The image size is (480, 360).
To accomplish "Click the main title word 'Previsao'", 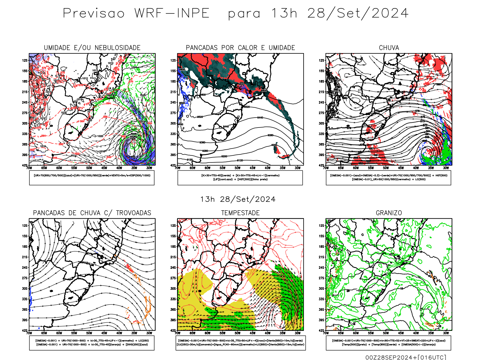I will tap(94, 13).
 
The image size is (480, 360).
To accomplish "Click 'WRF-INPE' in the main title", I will tap(172, 13).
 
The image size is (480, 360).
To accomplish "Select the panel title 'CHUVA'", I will tap(389, 48).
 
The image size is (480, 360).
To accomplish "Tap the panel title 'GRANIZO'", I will tap(389, 213).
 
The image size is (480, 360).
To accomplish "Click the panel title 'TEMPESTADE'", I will tap(240, 213).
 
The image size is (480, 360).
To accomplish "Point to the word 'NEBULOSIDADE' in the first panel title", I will tap(117, 48).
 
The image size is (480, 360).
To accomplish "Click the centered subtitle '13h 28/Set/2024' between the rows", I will tap(238, 199).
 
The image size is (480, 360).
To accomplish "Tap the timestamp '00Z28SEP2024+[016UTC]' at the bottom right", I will tap(406, 357).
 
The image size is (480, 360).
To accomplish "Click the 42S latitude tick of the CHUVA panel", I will tap(322, 165).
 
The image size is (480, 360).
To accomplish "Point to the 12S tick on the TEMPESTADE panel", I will tap(173, 226).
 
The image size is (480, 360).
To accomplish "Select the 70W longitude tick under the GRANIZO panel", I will tap(326, 333).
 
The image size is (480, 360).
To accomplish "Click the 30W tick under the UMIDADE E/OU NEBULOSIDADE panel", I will tap(149, 168).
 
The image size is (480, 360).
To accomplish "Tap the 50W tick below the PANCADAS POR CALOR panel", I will tap(238, 168).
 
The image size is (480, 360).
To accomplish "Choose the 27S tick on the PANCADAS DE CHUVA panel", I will tap(25, 278).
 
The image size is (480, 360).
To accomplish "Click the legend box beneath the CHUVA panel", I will tap(388, 178).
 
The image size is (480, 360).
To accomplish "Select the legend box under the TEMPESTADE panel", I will tap(241, 343).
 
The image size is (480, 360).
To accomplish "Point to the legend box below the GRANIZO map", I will tap(388, 343).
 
